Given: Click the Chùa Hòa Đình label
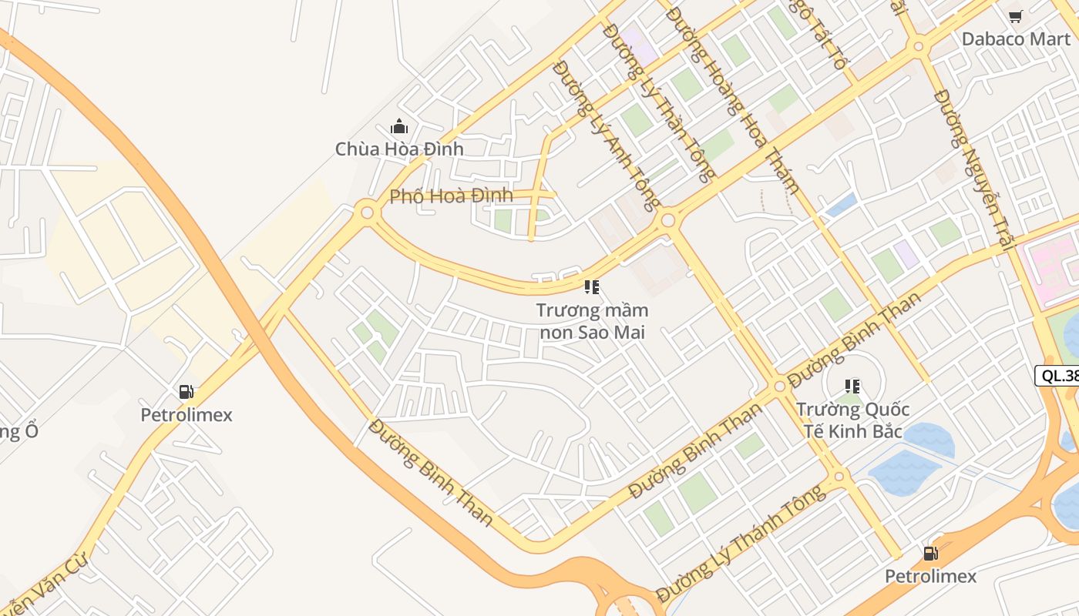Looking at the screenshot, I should (x=399, y=149).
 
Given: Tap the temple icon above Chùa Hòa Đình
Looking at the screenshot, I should (x=399, y=126).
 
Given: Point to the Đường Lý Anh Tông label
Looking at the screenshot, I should (x=607, y=135).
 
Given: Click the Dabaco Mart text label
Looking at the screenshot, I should (x=1016, y=38).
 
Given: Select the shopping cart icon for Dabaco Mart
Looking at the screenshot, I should (x=1016, y=16).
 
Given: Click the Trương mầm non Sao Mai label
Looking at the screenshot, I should (x=592, y=321).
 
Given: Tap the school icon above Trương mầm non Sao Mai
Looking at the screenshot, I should (x=592, y=288).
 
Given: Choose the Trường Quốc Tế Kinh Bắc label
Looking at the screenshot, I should (x=852, y=420).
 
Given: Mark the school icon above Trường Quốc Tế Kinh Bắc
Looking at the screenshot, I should (x=852, y=386).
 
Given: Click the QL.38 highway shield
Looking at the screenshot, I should (x=1058, y=376).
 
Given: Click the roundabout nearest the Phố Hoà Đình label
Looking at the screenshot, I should (x=368, y=212).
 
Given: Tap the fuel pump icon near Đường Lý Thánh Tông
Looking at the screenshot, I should (x=931, y=553).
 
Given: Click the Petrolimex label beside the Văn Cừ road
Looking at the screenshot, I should (x=187, y=415).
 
